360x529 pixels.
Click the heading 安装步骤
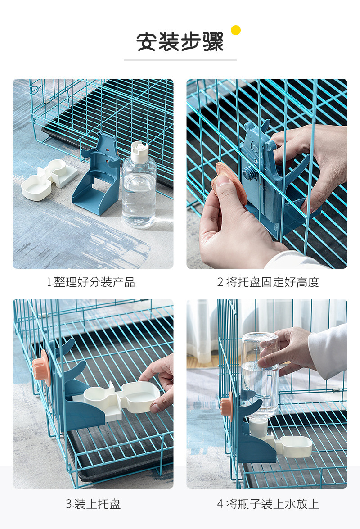tap(180, 42)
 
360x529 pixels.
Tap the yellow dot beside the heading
tap(236, 30)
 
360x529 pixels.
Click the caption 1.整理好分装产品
tap(91, 282)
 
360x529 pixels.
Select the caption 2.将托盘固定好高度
tap(268, 282)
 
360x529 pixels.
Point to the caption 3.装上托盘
tap(93, 504)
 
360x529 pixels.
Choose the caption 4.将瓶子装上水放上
tap(268, 504)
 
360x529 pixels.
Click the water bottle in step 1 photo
tap(139, 189)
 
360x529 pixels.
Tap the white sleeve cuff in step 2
tap(292, 260)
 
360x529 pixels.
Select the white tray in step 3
tap(121, 399)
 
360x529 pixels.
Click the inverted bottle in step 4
tap(260, 374)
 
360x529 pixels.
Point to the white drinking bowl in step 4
tap(295, 445)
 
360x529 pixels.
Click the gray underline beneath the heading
tap(180, 60)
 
